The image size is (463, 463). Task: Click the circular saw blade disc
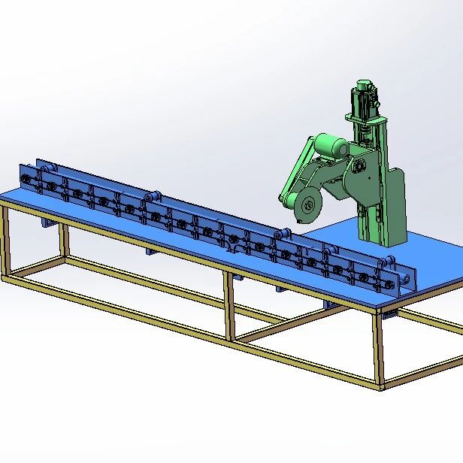point(306,207)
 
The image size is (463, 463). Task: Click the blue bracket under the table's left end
point(47,222)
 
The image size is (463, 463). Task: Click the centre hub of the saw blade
point(306,207)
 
